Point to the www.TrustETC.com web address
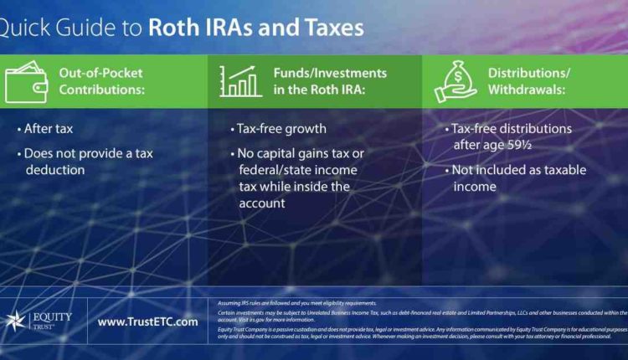click(x=147, y=321)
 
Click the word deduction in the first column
click(x=54, y=169)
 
